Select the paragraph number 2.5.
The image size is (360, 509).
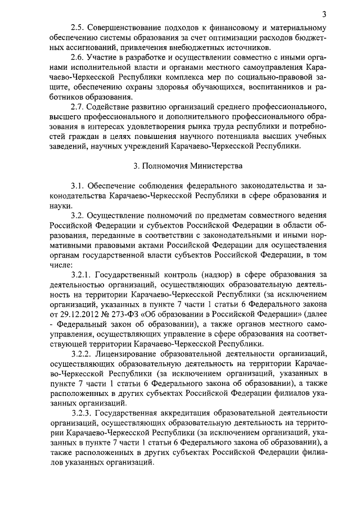78,26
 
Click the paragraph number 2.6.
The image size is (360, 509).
78,58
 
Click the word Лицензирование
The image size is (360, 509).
132,354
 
